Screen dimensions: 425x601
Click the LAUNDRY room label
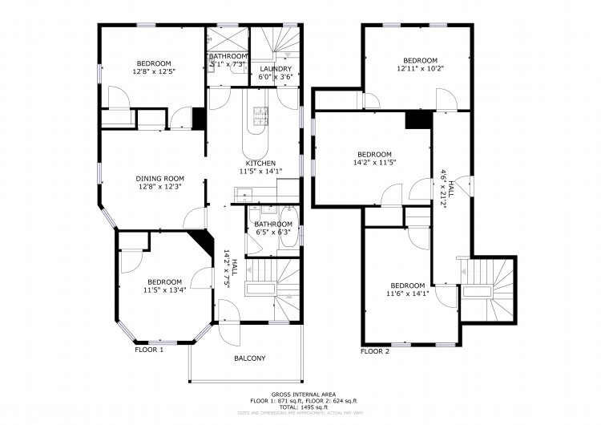pos(276,70)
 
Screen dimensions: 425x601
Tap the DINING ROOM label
pos(160,179)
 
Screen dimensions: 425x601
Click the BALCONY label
pos(249,358)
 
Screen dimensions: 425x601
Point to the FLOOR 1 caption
pos(149,350)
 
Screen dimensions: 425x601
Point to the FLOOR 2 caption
pos(375,351)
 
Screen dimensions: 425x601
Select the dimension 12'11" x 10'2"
pos(420,69)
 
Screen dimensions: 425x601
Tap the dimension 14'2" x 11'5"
pos(374,163)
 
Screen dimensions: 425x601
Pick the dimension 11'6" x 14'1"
pos(407,293)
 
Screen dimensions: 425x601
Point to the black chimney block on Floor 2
pos(415,119)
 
